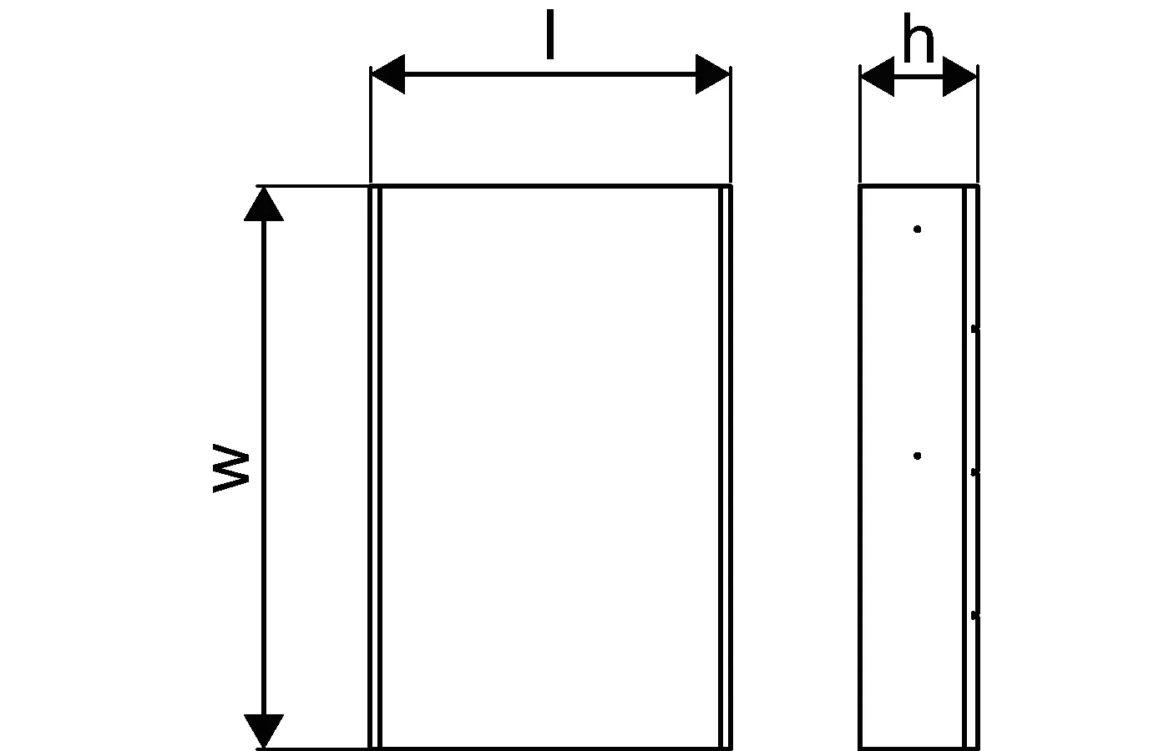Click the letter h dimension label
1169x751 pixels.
918,41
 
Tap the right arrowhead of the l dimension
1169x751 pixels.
714,74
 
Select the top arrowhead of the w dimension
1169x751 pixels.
264,204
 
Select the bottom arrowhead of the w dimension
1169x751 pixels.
264,732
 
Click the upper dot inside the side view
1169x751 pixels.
918,229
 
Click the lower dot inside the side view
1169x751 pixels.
918,456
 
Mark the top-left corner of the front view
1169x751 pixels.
371,186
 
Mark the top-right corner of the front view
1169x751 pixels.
731,186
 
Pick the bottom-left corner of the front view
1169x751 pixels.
371,748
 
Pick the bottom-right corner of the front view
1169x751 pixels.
731,748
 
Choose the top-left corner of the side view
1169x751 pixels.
861,186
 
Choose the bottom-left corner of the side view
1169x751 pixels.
861,748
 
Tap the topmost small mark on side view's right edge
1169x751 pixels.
974,330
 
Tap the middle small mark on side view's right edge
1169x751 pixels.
974,472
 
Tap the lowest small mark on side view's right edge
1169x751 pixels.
974,616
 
